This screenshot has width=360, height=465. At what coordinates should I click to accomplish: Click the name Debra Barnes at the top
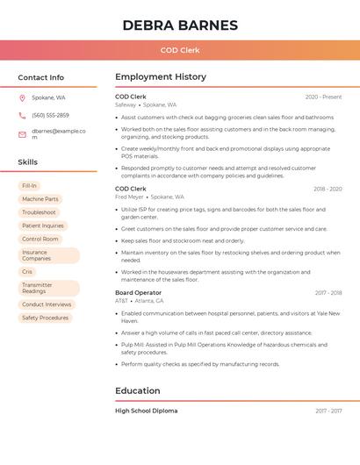click(180, 25)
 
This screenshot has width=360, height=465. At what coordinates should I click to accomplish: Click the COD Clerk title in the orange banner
click(180, 50)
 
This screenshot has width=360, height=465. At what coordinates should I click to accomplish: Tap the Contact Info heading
click(41, 77)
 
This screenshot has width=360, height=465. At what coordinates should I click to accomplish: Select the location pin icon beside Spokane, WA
click(22, 97)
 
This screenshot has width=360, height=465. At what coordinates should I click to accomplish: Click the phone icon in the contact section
click(22, 115)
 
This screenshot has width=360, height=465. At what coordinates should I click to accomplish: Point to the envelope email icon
click(22, 134)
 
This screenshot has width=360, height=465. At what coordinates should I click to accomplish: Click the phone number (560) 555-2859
click(50, 115)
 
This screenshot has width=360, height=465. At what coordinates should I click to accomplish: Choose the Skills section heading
click(28, 162)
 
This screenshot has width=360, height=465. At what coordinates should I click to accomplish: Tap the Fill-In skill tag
click(29, 186)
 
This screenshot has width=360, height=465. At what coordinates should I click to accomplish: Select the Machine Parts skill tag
click(40, 199)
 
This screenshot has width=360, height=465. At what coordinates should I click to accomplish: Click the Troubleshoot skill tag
click(39, 212)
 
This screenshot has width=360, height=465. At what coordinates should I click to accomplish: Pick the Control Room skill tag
click(40, 239)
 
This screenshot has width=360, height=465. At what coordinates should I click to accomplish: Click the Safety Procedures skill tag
click(45, 318)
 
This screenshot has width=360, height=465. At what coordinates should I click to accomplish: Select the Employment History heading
click(161, 77)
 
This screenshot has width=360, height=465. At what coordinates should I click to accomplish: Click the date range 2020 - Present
click(323, 97)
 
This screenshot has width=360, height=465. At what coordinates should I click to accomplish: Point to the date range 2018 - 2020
click(328, 189)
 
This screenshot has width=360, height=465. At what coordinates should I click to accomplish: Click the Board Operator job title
click(138, 292)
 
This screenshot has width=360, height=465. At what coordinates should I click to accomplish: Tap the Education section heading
click(138, 391)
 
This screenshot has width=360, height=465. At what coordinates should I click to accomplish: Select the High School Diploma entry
click(146, 411)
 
